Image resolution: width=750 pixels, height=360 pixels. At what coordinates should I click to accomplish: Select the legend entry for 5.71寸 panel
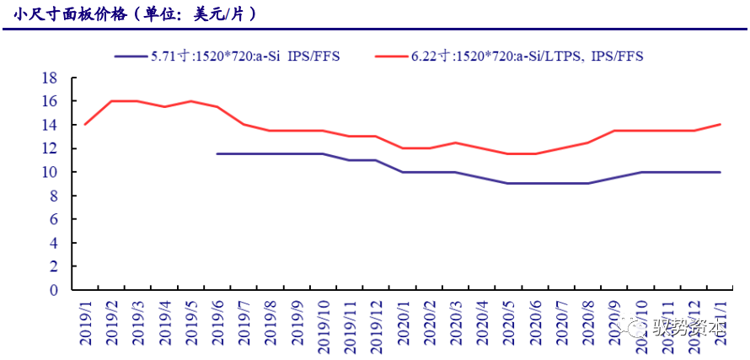click(244, 56)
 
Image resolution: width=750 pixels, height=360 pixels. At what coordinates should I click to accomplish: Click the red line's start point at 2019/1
click(86, 125)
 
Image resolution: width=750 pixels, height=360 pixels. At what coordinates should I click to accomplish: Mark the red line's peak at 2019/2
click(112, 101)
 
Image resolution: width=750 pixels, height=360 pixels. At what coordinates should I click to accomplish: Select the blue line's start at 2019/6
click(218, 153)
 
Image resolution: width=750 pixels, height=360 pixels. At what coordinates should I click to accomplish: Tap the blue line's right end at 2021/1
click(720, 172)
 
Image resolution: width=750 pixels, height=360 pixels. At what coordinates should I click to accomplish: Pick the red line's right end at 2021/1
click(720, 125)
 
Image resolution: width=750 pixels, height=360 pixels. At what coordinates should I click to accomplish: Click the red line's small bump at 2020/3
click(456, 142)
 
